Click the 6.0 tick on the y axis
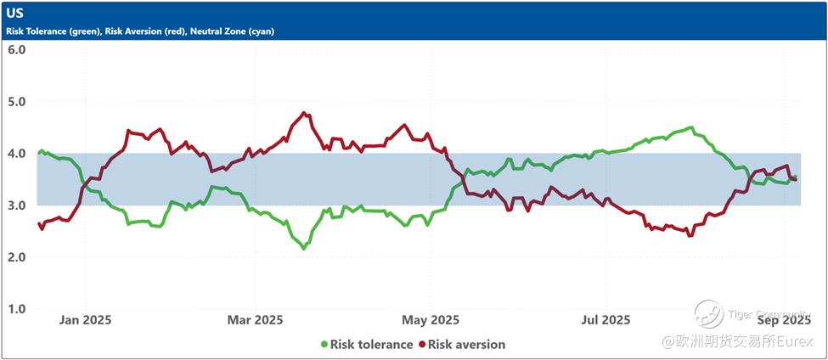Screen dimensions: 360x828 (x=17, y=49)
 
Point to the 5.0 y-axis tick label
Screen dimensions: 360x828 (x=17, y=102)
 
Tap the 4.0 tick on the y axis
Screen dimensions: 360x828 (x=17, y=154)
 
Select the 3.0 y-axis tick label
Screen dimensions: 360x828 (x=17, y=205)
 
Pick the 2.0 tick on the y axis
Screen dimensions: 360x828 (x=17, y=257)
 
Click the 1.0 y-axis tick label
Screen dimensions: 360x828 (x=17, y=309)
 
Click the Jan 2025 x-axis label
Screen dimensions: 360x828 (x=86, y=320)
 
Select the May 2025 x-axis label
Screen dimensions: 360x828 (x=431, y=320)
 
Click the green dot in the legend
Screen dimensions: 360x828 (x=324, y=345)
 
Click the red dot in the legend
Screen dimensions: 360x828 (x=422, y=345)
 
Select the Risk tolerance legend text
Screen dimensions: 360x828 (x=372, y=345)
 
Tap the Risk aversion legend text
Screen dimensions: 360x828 (x=467, y=345)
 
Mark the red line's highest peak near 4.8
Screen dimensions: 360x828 (x=304, y=112)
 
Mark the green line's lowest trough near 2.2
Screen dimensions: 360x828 (x=304, y=248)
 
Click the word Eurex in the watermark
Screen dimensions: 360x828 (x=796, y=340)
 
